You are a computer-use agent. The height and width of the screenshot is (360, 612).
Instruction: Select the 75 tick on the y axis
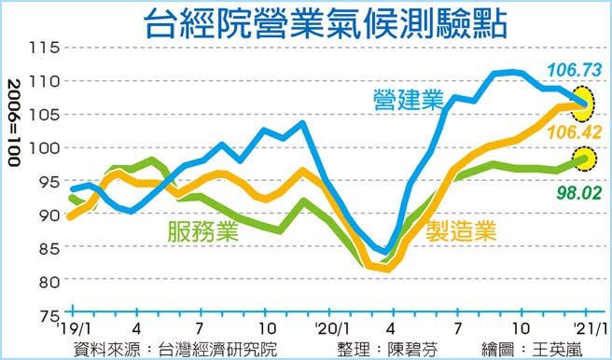pos(48,314)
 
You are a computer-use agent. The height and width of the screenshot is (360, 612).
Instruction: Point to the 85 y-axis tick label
pos(48,248)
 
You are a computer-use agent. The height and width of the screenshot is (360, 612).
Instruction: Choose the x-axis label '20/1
pos(331,329)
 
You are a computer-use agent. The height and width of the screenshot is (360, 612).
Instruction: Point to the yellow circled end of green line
pos(584,159)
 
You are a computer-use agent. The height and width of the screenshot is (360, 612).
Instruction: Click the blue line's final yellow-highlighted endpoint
pos(585,104)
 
